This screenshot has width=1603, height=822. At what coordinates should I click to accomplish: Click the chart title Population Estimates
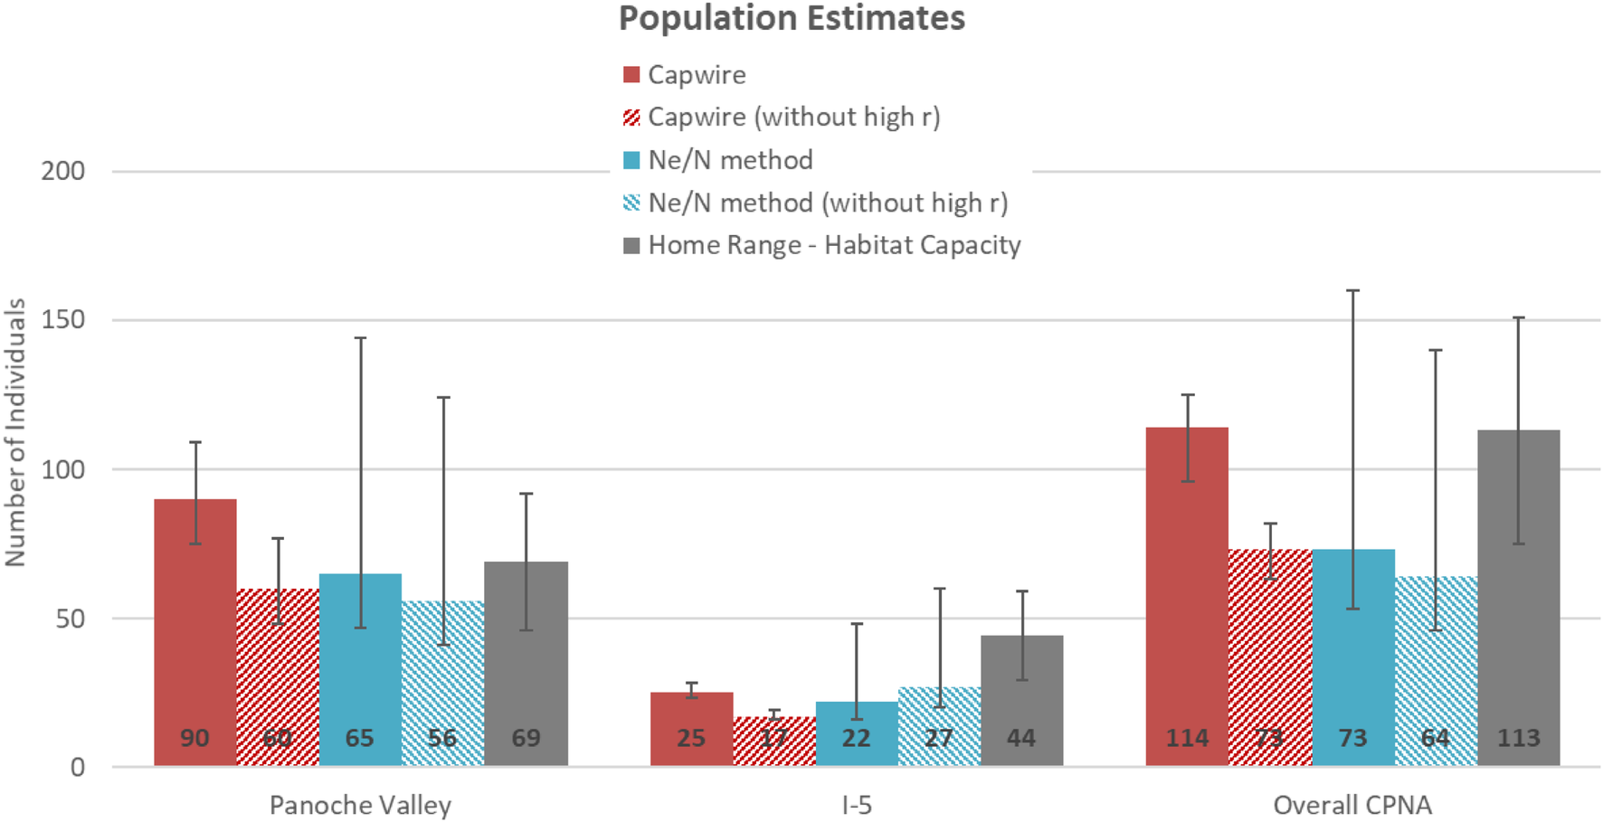coord(792,18)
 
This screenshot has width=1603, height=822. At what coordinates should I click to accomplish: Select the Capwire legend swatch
coord(631,75)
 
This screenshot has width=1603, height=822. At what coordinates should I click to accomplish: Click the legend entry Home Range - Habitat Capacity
coord(834,245)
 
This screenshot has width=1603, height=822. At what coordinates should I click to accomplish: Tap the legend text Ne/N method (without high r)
coord(828,203)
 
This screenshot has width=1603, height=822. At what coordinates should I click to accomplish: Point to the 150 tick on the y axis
coord(62,320)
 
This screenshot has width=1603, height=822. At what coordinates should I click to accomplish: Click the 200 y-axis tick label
coord(62,171)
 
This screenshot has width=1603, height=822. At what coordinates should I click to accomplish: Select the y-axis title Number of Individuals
coord(15,432)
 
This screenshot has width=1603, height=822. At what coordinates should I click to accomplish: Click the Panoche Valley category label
coord(360,805)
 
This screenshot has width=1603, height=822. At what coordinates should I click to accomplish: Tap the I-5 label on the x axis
coord(857,805)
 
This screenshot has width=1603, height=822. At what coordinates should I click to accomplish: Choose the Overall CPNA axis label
coord(1352,805)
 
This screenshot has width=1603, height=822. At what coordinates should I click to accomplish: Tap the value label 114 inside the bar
coord(1187,738)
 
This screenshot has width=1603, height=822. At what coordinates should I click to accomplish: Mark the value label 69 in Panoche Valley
coord(526,738)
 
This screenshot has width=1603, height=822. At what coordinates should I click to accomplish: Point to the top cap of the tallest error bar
coord(1353,290)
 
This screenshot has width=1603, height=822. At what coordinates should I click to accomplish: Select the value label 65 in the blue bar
coord(360,738)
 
